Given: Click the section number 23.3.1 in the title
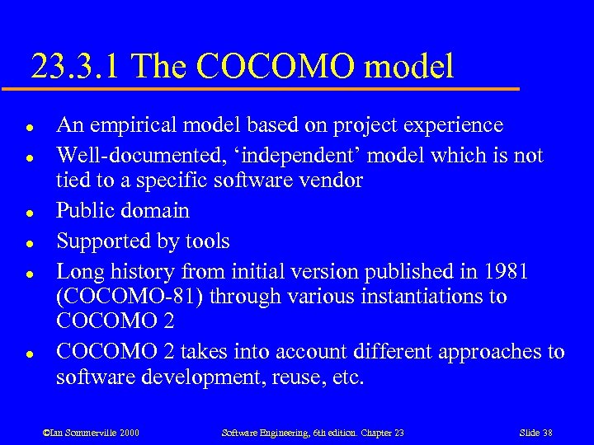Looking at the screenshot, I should pyautogui.click(x=74, y=66).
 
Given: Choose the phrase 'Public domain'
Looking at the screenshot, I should pyautogui.click(x=123, y=210).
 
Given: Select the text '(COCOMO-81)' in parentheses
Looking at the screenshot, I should pyautogui.click(x=129, y=297).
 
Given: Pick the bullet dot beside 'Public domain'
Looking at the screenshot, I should pyautogui.click(x=29, y=212).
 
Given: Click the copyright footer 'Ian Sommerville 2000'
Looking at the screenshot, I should pyautogui.click(x=91, y=433).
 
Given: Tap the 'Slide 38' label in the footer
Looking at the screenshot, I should pyautogui.click(x=535, y=433).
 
